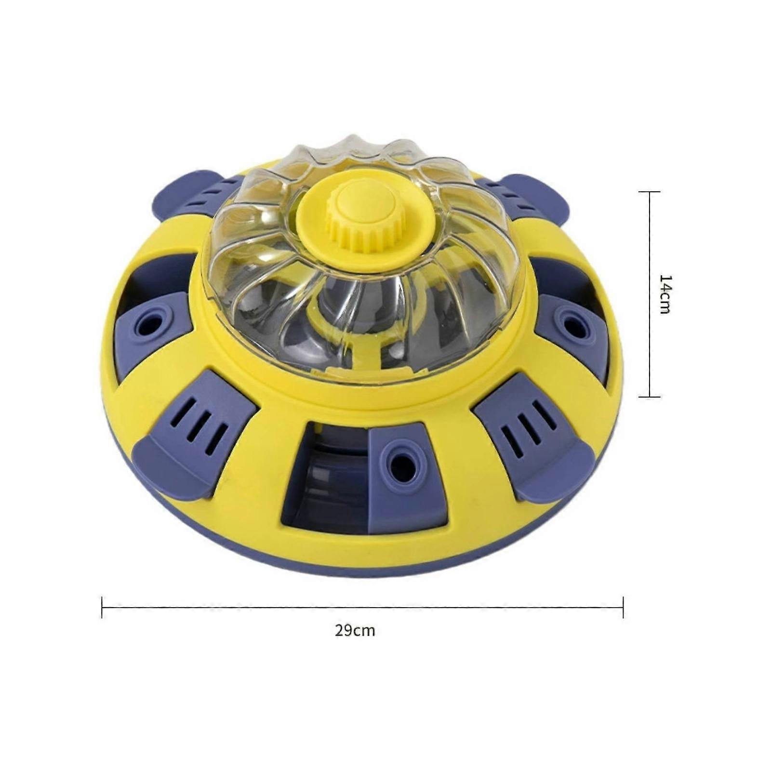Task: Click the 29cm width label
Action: pyautogui.click(x=355, y=631)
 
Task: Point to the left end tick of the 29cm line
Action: pyautogui.click(x=102, y=607)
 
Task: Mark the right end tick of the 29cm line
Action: pyautogui.click(x=623, y=607)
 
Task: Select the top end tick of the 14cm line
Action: pyautogui.click(x=649, y=192)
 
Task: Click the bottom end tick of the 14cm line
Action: pyautogui.click(x=649, y=397)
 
